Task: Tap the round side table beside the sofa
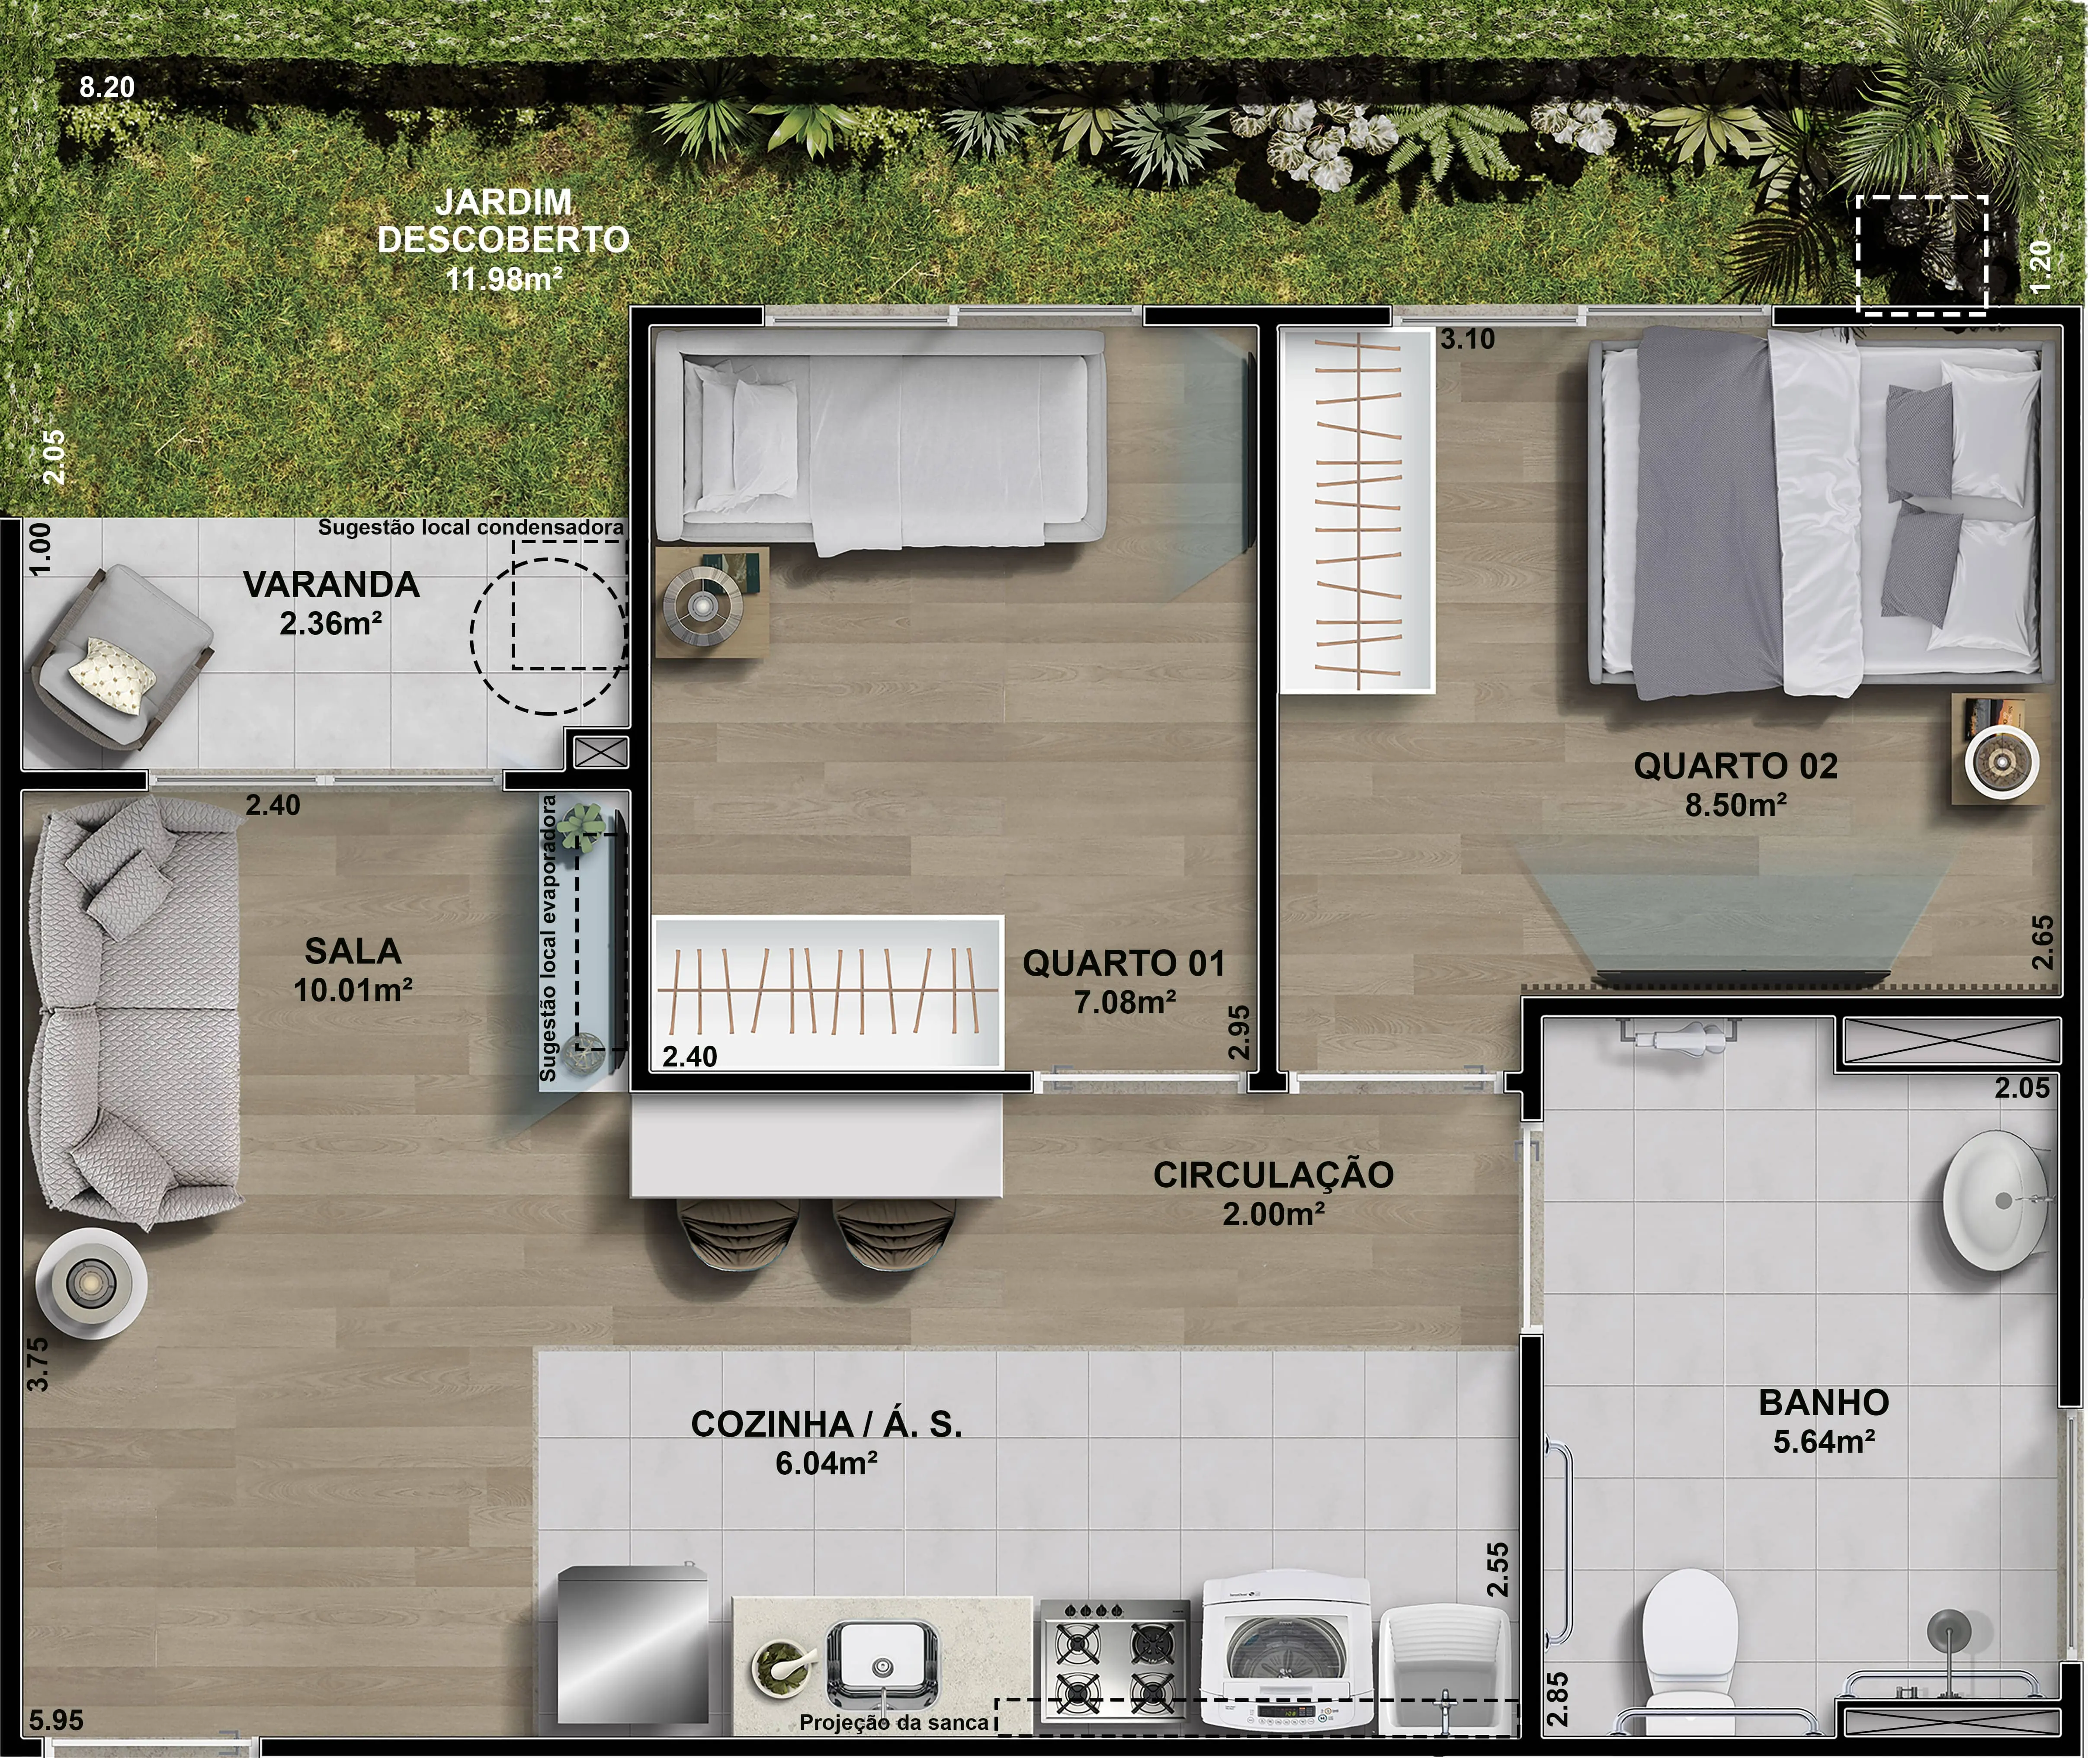(x=92, y=1283)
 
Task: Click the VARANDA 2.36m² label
(x=331, y=603)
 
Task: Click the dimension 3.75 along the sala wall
(x=37, y=1363)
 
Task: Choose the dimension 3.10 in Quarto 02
(x=1467, y=339)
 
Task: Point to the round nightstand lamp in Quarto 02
(x=2001, y=762)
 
